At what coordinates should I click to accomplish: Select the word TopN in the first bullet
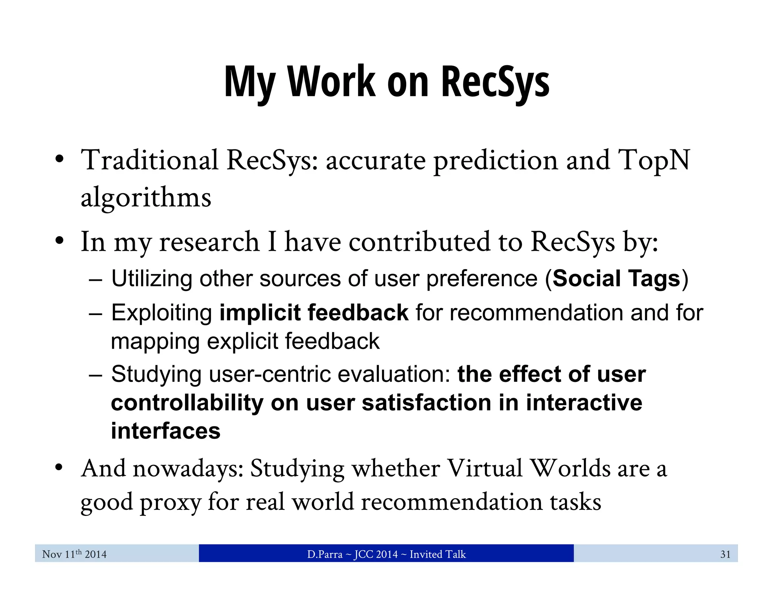654,160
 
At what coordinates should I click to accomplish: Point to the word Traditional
150,160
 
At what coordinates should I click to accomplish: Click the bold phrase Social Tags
616,278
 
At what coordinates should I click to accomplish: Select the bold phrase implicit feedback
314,312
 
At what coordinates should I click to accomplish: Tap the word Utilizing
152,279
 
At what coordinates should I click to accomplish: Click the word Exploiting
162,313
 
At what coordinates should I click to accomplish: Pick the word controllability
187,403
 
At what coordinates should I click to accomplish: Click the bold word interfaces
165,431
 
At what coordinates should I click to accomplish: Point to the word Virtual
485,469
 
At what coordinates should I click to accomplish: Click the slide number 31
725,554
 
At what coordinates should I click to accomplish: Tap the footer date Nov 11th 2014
74,554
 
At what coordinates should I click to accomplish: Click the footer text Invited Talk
437,554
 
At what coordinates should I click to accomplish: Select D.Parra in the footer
325,554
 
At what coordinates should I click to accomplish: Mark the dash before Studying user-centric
95,375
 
